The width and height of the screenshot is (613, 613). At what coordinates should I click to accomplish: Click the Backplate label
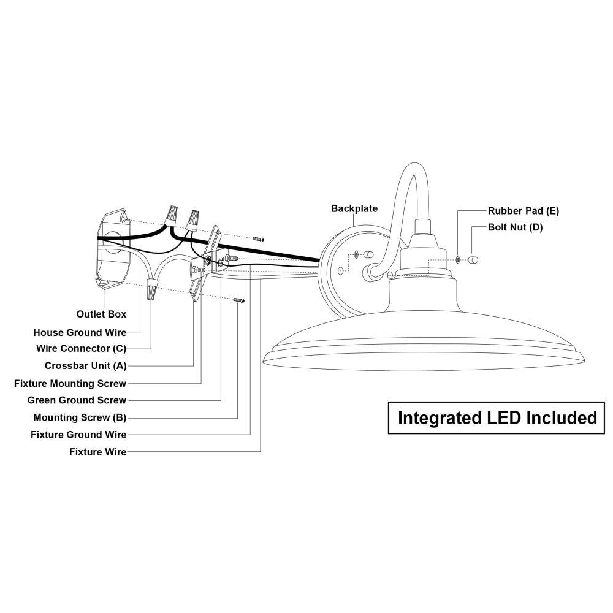[x=354, y=208]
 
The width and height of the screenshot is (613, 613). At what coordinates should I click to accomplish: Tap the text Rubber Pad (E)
[x=524, y=211]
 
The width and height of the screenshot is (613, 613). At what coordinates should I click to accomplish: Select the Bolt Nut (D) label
[x=515, y=227]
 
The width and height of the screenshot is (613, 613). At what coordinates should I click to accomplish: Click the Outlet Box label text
[x=101, y=314]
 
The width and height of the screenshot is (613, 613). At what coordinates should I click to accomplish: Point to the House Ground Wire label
[x=80, y=332]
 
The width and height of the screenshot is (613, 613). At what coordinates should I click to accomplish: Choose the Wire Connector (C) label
[x=81, y=349]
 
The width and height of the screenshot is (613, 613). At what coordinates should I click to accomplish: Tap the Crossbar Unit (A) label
[x=85, y=366]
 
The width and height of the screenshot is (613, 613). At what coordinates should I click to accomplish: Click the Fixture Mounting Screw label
[x=70, y=384]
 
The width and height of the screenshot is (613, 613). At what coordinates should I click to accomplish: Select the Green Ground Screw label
[x=77, y=400]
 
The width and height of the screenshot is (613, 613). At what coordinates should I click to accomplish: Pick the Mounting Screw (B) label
[x=80, y=417]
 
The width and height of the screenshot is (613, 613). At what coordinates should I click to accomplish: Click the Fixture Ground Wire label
[x=78, y=435]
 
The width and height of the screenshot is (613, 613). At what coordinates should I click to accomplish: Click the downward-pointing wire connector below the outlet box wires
[x=150, y=287]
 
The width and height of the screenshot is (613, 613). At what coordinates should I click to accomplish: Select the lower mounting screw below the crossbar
[x=239, y=300]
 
